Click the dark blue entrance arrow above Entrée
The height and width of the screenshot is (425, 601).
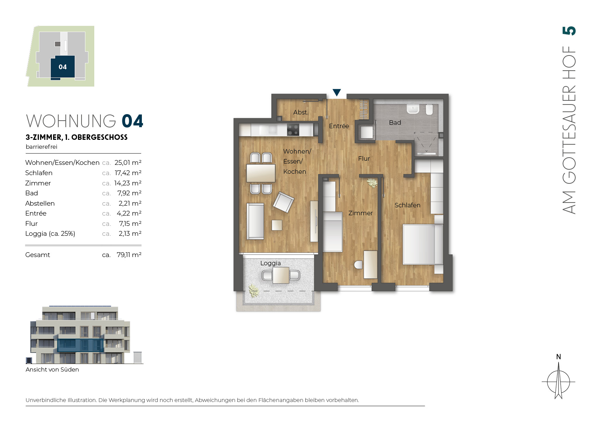337,92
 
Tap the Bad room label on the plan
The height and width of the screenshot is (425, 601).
395,123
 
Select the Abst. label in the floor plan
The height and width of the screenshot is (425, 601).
300,112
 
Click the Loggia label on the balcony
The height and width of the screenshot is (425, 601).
270,263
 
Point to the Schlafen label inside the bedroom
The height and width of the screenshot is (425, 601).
407,205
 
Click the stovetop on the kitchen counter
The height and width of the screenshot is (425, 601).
293,130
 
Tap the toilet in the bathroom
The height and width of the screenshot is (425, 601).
429,109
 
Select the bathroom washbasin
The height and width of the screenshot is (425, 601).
413,109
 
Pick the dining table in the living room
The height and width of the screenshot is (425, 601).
261,173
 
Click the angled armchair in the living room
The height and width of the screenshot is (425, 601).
283,202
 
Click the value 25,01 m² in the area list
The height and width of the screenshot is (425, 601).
128,162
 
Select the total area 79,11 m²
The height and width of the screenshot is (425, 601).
129,255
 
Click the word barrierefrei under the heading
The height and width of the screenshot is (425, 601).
41,147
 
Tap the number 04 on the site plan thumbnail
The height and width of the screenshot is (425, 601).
63,67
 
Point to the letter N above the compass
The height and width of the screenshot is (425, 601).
559,357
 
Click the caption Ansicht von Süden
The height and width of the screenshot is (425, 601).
52,369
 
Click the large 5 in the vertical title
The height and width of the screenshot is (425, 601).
569,31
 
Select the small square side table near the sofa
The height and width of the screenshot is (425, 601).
277,225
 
